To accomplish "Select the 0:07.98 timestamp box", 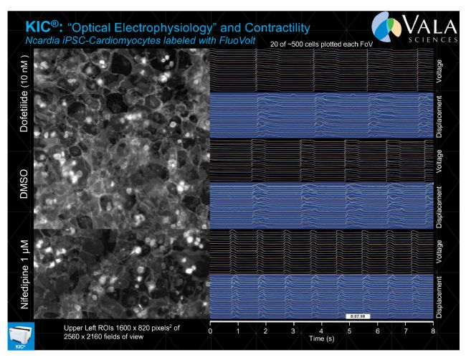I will pyautogui.click(x=356, y=315).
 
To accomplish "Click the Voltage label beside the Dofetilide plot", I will pyautogui.click(x=439, y=72).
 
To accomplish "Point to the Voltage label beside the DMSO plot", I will pyautogui.click(x=439, y=161).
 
